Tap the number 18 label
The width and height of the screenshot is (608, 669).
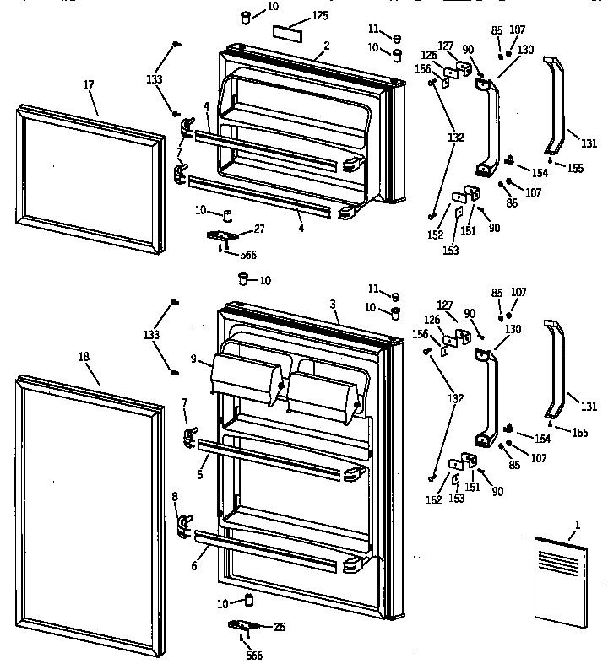pos(84,357)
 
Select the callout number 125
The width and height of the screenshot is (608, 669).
pos(319,15)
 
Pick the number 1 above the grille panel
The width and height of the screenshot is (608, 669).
pos(578,525)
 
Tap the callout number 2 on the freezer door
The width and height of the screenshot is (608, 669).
pos(327,45)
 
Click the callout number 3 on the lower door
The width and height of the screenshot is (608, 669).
pos(333,304)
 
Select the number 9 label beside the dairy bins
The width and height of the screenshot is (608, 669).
pos(194,359)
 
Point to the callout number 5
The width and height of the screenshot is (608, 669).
pos(200,476)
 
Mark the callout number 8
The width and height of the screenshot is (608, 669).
pos(175,497)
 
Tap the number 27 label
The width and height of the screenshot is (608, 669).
pos(259,229)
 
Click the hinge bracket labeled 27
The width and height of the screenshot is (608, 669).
pos(222,236)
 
